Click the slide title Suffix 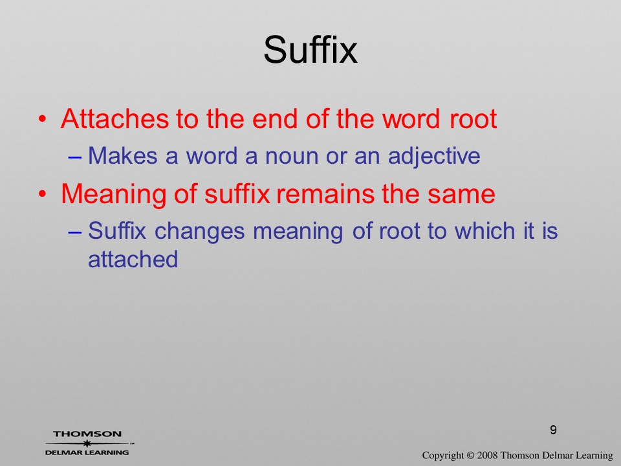point(310,50)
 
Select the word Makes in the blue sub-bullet point(122,155)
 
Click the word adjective point(434,156)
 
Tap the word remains point(325,194)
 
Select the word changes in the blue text point(199,232)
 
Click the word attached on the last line point(133,259)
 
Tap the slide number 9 point(553,430)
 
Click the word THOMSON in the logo point(87,434)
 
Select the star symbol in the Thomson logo point(87,443)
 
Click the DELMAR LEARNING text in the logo point(87,452)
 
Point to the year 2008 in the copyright point(487,455)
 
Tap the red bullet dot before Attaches point(43,119)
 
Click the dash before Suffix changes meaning point(75,232)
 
